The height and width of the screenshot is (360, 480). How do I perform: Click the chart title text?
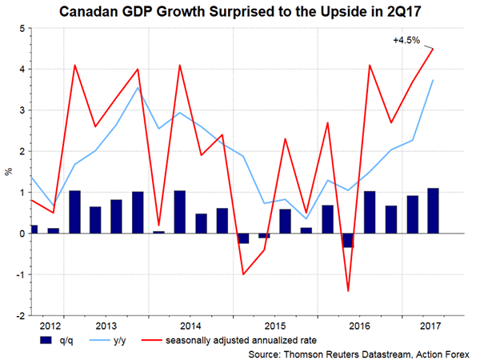[241, 12]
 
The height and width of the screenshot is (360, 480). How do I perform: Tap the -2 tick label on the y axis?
[16, 315]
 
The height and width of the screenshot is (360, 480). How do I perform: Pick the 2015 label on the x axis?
[276, 326]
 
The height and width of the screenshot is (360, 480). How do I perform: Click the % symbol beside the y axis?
[8, 170]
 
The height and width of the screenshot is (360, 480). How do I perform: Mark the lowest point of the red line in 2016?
[348, 290]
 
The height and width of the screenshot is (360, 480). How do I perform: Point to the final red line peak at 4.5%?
[433, 49]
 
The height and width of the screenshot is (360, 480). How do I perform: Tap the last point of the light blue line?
[433, 80]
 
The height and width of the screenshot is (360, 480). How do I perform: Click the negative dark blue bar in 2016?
[348, 240]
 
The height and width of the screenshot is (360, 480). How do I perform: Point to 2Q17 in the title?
[387, 12]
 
